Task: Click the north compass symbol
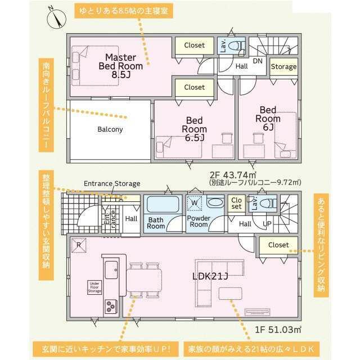pyautogui.click(x=56, y=19)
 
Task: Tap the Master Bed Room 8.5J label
pyautogui.click(x=121, y=66)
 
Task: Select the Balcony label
pyautogui.click(x=110, y=129)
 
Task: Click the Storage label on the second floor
pyautogui.click(x=283, y=66)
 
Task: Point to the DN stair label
pyautogui.click(x=258, y=61)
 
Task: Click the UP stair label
pyautogui.click(x=267, y=224)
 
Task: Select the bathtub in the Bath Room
pyautogui.click(x=163, y=204)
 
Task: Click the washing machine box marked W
pyautogui.click(x=195, y=203)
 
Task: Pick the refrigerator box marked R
pyautogui.click(x=79, y=245)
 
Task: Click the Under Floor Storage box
pyautogui.click(x=94, y=287)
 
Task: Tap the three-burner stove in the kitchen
pyautogui.click(x=111, y=307)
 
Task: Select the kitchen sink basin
pyautogui.click(x=111, y=270)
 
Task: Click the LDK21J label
pyautogui.click(x=210, y=276)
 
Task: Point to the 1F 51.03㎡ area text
pyautogui.click(x=278, y=330)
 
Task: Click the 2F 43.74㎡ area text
pyautogui.click(x=233, y=175)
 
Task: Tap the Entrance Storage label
pyautogui.click(x=112, y=184)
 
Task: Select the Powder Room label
pyautogui.click(x=199, y=221)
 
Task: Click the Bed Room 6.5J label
pyautogui.click(x=194, y=129)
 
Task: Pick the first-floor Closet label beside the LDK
pyautogui.click(x=278, y=245)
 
